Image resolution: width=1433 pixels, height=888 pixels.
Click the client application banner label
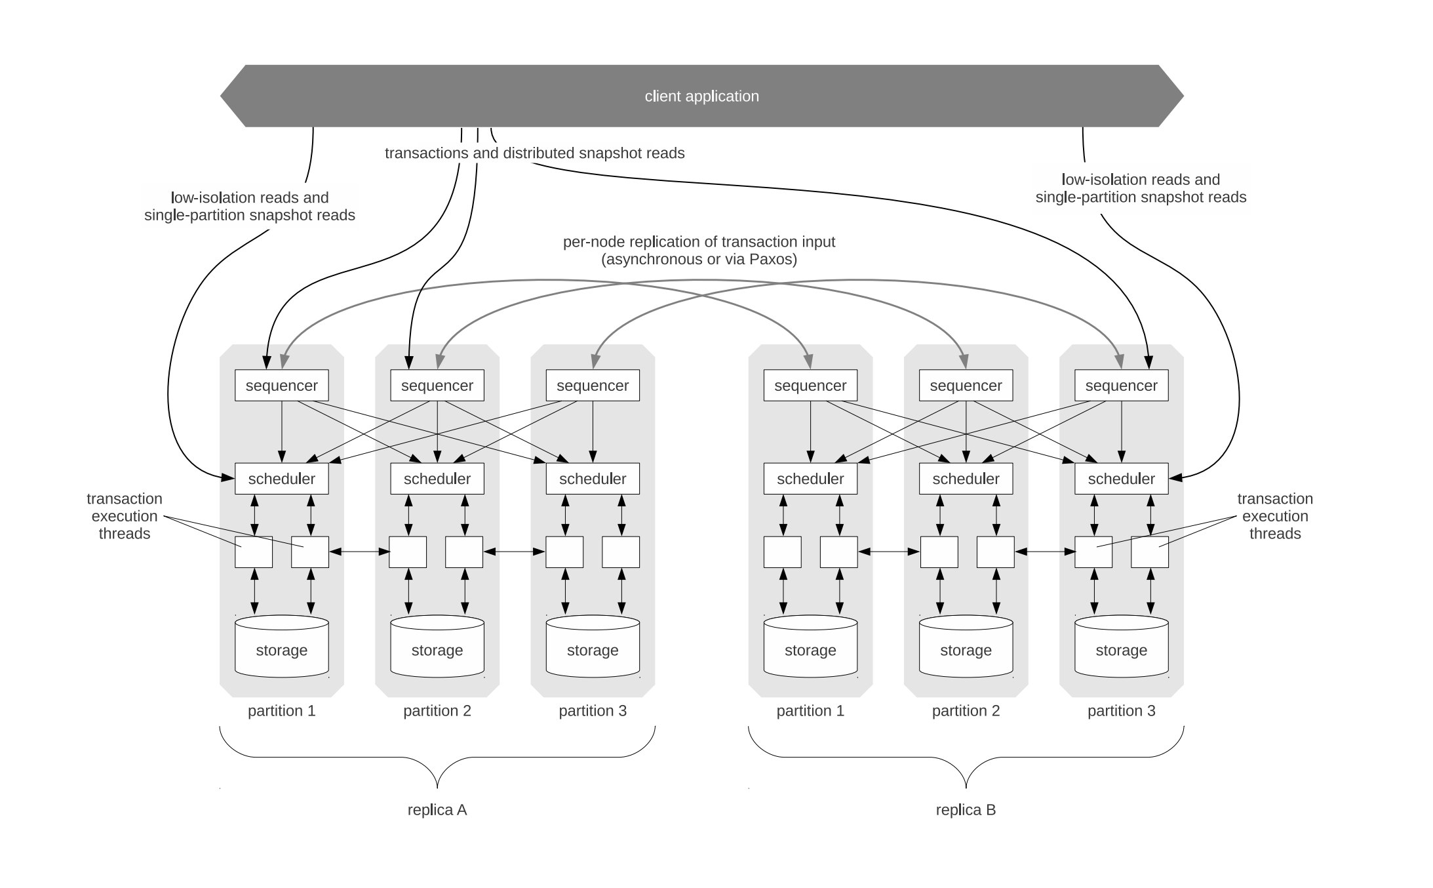[701, 96]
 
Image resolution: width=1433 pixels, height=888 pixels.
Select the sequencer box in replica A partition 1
[281, 386]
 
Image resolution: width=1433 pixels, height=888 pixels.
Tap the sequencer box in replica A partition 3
[593, 386]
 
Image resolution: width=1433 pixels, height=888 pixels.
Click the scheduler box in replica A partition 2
[437, 479]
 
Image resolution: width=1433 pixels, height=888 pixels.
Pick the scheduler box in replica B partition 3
[1121, 479]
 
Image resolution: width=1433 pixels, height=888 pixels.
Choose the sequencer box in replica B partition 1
[810, 386]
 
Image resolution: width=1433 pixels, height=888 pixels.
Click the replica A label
[437, 810]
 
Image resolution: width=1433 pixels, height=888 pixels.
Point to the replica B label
[966, 810]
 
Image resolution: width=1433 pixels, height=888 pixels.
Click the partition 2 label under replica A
[437, 711]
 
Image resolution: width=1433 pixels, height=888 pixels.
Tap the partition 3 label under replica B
[1121, 711]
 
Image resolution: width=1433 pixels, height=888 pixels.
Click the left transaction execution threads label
[125, 516]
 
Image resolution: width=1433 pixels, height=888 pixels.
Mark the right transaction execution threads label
[1274, 516]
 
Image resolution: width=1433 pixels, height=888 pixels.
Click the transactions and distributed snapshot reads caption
[534, 153]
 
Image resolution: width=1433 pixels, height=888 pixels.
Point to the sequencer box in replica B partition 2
[966, 386]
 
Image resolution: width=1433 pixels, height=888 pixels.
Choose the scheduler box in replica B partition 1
[810, 479]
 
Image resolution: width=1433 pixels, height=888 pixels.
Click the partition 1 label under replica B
[810, 711]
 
